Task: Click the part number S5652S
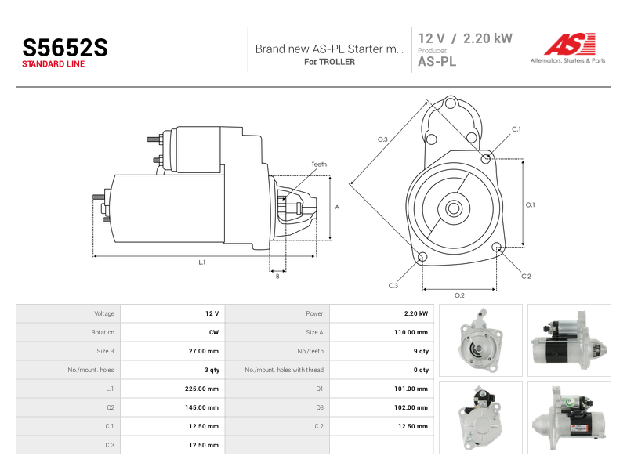tap(65, 48)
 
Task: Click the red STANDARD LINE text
tap(53, 64)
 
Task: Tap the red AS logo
tap(570, 44)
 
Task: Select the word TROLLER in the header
tap(337, 62)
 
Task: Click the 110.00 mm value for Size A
tap(411, 332)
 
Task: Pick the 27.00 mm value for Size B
tap(204, 351)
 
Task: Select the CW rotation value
tap(214, 332)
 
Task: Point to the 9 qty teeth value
tap(421, 351)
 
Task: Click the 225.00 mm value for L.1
tap(201, 389)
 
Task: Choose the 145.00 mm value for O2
tap(201, 407)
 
